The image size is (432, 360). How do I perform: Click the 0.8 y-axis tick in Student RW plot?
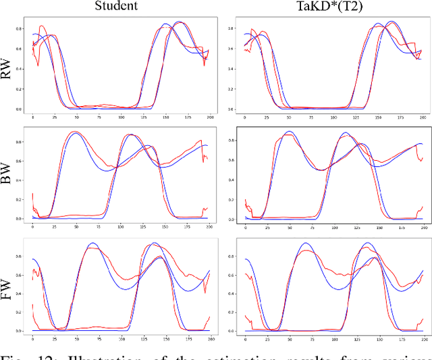coord(26,28)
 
